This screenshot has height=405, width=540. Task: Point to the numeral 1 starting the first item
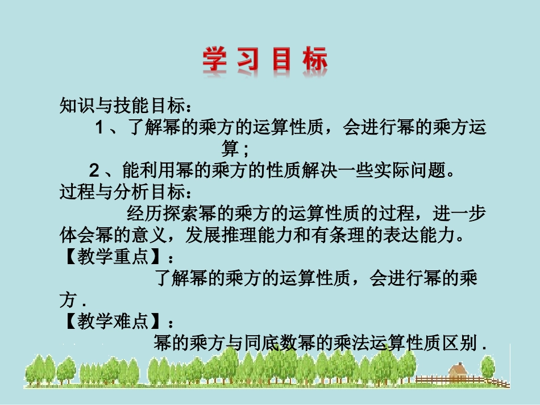[99, 128]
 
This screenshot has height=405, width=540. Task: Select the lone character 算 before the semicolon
[230, 149]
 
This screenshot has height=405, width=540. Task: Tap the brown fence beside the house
[432, 379]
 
